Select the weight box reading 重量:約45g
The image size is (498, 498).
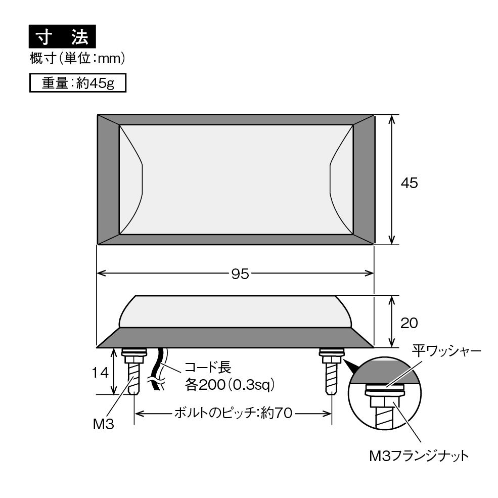pyautogui.click(x=78, y=83)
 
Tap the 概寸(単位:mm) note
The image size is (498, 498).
pyautogui.click(x=77, y=59)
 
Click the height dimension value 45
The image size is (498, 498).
pyautogui.click(x=409, y=183)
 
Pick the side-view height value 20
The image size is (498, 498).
pyautogui.click(x=409, y=323)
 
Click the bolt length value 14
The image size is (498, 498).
pyautogui.click(x=101, y=373)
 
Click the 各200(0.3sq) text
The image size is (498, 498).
pyautogui.click(x=230, y=385)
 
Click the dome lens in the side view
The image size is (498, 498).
pyautogui.click(x=235, y=311)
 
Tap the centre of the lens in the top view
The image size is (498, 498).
pyautogui.click(x=236, y=179)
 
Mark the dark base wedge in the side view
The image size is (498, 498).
pyautogui.click(x=235, y=338)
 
